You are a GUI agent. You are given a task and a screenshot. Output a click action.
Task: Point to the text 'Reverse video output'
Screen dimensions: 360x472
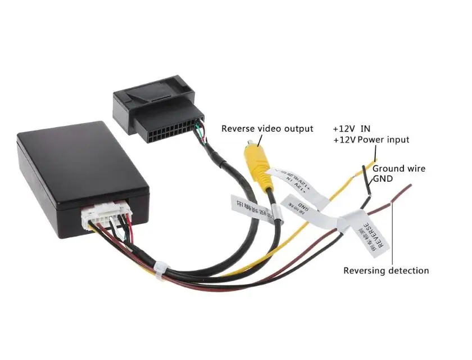(x=267, y=129)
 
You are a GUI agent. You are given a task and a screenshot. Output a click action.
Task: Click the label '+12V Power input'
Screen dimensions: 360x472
(x=371, y=139)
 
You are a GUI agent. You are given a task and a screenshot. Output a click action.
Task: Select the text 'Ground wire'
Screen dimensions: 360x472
(x=399, y=168)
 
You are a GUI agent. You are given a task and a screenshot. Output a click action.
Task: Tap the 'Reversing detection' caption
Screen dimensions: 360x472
(x=386, y=271)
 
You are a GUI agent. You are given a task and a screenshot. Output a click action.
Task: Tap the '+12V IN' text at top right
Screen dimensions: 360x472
(x=351, y=128)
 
